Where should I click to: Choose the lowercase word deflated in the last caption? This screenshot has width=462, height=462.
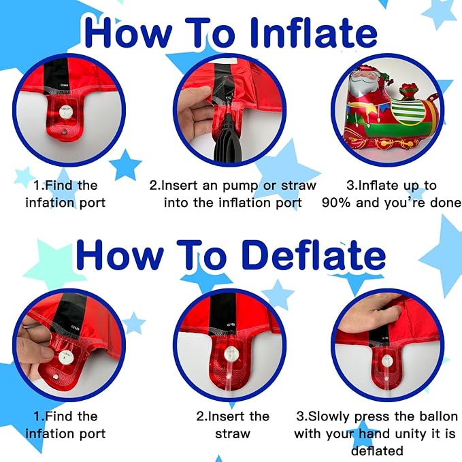coord(377,450)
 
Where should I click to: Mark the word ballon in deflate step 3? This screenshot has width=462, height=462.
coord(435,416)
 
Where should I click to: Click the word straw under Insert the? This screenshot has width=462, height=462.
coord(233,433)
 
